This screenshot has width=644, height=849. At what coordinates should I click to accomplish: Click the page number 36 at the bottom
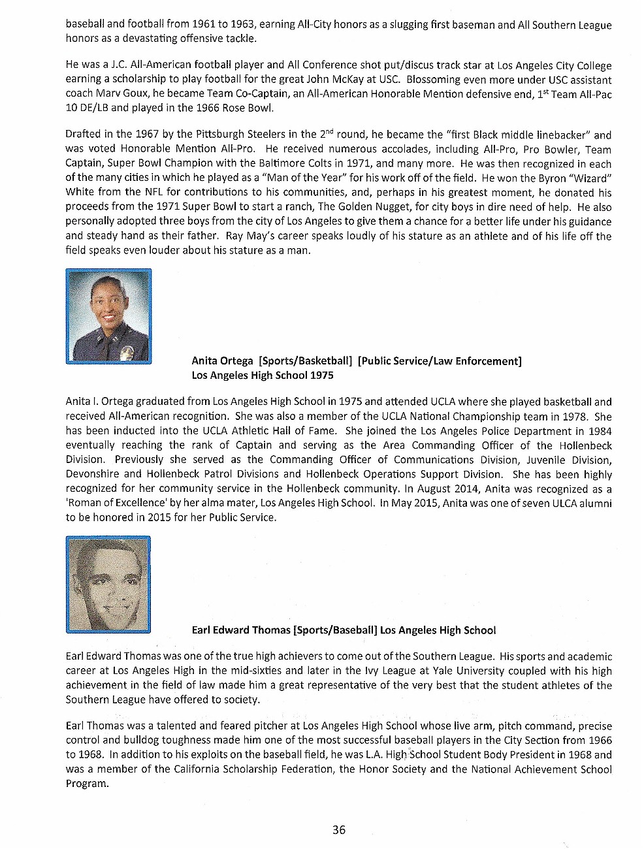pyautogui.click(x=338, y=830)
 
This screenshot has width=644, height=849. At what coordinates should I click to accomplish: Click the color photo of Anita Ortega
pyautogui.click(x=109, y=316)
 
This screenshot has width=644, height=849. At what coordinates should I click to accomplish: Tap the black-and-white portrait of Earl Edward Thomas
pyautogui.click(x=108, y=585)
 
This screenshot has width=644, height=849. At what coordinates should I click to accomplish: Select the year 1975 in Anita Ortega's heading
pyautogui.click(x=321, y=376)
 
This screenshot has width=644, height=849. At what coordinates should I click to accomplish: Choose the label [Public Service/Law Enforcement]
pyautogui.click(x=440, y=360)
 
